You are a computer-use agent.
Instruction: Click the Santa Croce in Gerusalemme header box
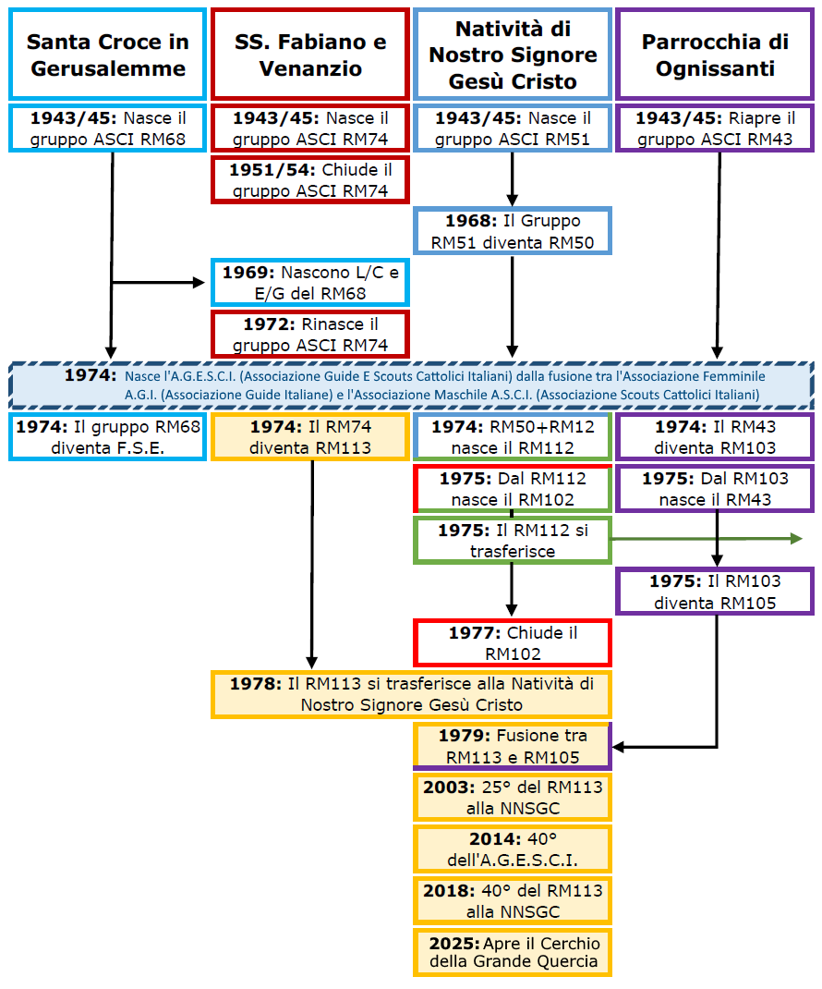coord(107,55)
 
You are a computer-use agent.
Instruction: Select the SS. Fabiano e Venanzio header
coord(309,55)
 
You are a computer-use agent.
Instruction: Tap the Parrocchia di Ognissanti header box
coord(714,55)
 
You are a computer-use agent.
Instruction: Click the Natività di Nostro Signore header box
coord(513,55)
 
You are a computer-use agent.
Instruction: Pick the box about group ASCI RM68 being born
coord(107,128)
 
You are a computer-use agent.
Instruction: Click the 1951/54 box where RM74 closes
coord(309,180)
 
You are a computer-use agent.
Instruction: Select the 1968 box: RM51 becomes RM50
coord(513,232)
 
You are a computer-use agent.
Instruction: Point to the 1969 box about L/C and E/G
coord(309,283)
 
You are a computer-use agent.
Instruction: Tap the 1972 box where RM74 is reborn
coord(309,335)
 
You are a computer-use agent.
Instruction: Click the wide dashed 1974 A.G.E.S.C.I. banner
coord(411,385)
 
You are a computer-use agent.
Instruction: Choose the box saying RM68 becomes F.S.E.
coord(107,437)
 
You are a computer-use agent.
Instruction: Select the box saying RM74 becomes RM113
coord(309,437)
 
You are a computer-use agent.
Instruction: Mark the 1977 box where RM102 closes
coord(513,643)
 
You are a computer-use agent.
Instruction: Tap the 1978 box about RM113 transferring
coord(411,694)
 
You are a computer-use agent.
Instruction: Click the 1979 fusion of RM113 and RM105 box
coord(513,747)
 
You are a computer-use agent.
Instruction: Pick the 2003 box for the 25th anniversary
coord(513,798)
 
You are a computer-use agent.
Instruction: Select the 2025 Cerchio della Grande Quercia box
coord(513,952)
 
